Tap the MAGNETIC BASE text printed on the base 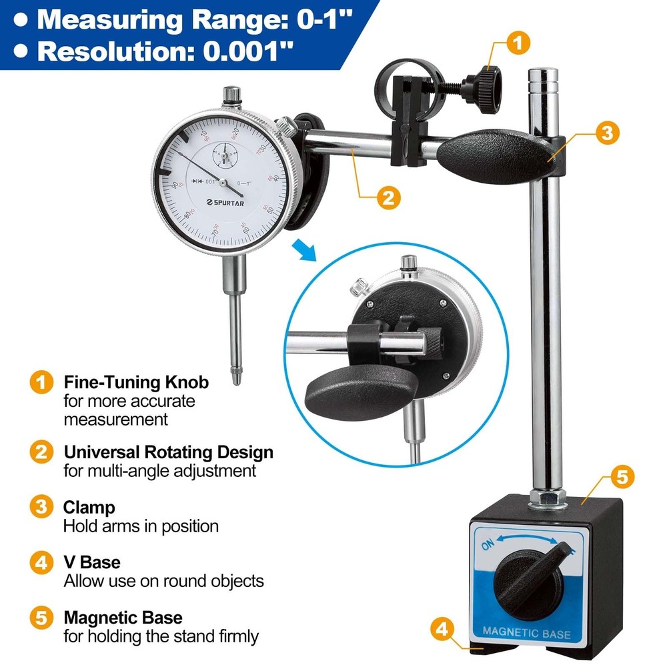tap(526, 632)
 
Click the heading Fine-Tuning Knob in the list tap(136, 383)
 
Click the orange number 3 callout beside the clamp tap(606, 133)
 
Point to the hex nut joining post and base tap(546, 497)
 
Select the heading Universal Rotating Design tap(169, 452)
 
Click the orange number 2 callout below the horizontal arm tap(388, 198)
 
